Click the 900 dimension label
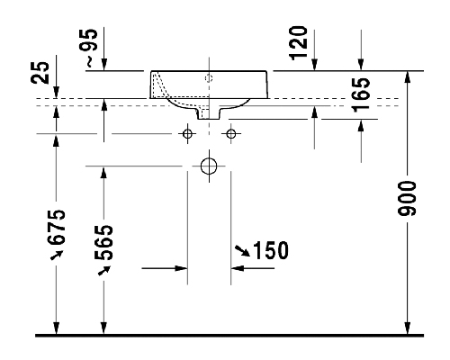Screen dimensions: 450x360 pyautogui.click(x=407, y=198)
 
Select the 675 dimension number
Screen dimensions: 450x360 pyautogui.click(x=56, y=227)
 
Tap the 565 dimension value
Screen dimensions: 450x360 pyautogui.click(x=103, y=242)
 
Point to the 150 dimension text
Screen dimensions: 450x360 pyautogui.click(x=271, y=250)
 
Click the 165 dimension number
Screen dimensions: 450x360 pyautogui.click(x=361, y=95)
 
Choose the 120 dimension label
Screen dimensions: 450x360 pyautogui.click(x=298, y=43)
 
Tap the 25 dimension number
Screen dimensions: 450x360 pyautogui.click(x=40, y=73)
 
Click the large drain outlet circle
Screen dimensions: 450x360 pyautogui.click(x=209, y=166)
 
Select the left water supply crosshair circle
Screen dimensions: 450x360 pyautogui.click(x=187, y=134)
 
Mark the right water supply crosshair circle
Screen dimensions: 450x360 pyautogui.click(x=231, y=134)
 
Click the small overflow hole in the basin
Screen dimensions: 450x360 pyautogui.click(x=209, y=78)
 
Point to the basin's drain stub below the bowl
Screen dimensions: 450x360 pyautogui.click(x=209, y=113)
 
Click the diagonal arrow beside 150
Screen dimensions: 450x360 pyautogui.click(x=242, y=251)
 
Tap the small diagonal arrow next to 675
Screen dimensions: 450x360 pyautogui.click(x=57, y=255)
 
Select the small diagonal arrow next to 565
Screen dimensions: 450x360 pyautogui.click(x=104, y=270)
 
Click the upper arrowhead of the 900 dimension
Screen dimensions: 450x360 pyautogui.click(x=407, y=77)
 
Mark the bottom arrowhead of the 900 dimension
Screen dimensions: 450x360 pyautogui.click(x=407, y=328)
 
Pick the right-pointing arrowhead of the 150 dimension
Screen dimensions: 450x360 pyautogui.click(x=181, y=268)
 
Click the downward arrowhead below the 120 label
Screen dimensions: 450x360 pyautogui.click(x=314, y=65)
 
